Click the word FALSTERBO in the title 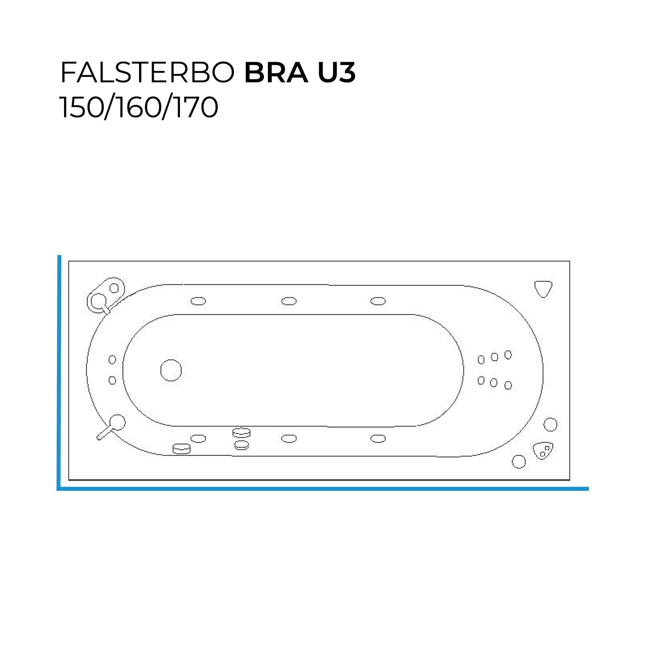tap(147, 73)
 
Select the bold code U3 tap(336, 73)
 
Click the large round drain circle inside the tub tap(171, 370)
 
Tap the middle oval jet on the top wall tap(289, 301)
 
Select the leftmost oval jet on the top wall tap(198, 301)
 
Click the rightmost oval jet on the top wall tap(378, 301)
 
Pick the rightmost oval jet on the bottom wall tap(378, 438)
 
